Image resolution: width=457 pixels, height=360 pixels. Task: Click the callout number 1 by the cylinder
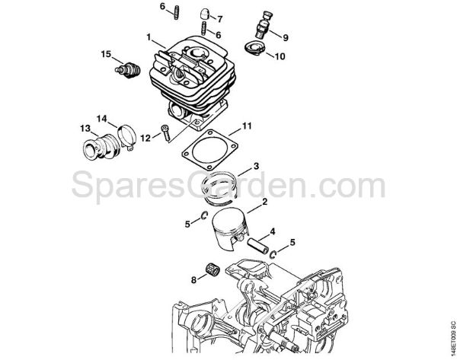[x=150, y=35]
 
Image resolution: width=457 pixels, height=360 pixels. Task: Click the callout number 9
[x=286, y=37]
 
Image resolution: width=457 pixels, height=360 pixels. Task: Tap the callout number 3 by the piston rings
[x=257, y=166]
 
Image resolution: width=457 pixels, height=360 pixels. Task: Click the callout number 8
[x=193, y=280]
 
